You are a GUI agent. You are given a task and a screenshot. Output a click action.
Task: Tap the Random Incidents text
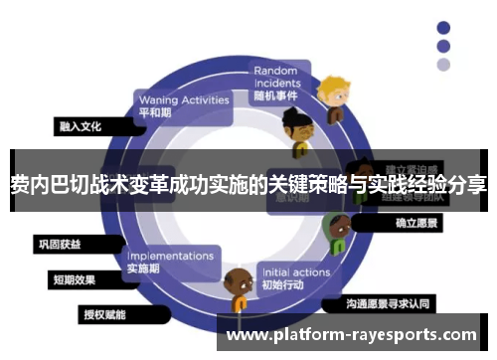click(x=276, y=77)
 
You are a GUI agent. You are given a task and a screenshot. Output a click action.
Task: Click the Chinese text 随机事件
click(x=274, y=96)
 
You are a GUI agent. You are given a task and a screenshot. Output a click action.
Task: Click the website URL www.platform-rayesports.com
click(x=353, y=335)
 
